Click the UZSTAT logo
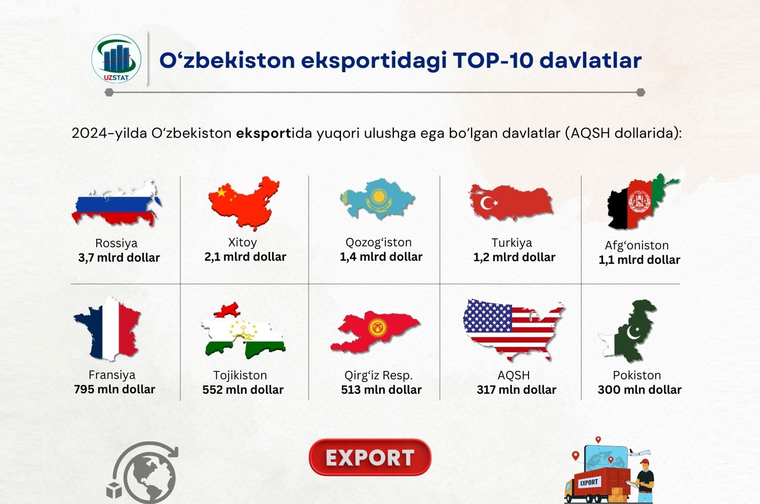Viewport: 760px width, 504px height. click(x=116, y=59)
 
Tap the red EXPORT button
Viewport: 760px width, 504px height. click(x=370, y=457)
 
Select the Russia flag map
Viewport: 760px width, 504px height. click(x=116, y=203)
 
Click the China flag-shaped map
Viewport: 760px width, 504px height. click(x=243, y=203)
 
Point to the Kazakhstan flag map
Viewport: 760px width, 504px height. click(x=377, y=198)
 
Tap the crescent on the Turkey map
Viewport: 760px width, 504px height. click(x=487, y=203)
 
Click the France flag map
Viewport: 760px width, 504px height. click(x=107, y=328)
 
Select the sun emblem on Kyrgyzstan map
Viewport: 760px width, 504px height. click(x=377, y=328)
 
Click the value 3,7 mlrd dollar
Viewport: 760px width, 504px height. click(x=119, y=258)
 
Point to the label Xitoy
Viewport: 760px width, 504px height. click(x=242, y=242)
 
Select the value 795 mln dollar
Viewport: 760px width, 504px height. click(x=114, y=389)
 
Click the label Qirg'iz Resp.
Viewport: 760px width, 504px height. click(x=378, y=375)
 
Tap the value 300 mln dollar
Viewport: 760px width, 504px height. click(x=639, y=390)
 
